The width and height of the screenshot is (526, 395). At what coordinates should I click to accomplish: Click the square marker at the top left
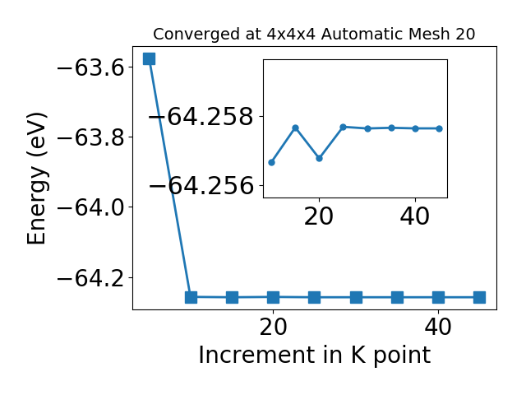point(149,58)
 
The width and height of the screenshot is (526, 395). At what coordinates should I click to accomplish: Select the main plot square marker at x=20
point(273,297)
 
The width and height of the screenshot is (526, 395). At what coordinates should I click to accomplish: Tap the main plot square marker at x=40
point(438,298)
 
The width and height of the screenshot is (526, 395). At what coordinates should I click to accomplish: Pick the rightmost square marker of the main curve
point(479,298)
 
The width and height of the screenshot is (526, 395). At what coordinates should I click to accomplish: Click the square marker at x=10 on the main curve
point(191,297)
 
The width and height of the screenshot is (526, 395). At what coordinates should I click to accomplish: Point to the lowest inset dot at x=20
point(320,158)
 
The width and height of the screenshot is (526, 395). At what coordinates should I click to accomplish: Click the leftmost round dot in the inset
point(272,163)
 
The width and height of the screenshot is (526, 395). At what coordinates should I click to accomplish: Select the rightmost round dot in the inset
point(440,128)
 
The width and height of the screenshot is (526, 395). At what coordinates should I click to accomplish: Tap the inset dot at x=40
point(415,128)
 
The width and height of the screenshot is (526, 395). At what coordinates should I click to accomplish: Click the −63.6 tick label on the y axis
point(91,67)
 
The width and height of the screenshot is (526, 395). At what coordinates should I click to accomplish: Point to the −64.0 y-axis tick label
point(91,207)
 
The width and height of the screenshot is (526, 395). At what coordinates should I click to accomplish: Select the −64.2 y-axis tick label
point(91,278)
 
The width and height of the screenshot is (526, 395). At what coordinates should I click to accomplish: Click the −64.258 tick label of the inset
point(201,117)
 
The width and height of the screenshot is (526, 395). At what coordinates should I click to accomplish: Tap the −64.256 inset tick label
point(201,185)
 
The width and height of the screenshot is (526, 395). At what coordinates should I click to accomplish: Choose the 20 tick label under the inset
point(319,216)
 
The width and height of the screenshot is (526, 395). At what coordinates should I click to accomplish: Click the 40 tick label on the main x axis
point(438,327)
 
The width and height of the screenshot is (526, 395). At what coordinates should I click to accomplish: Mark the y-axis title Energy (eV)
point(36,179)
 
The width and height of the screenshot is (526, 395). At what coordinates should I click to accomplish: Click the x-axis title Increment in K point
point(315,355)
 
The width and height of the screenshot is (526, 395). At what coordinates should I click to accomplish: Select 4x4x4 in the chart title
point(291,34)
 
